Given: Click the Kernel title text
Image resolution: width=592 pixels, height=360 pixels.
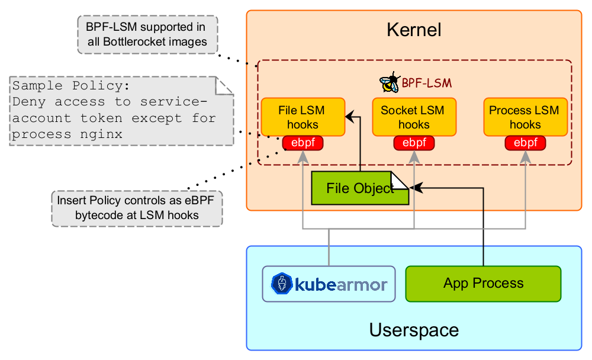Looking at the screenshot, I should click(414, 30).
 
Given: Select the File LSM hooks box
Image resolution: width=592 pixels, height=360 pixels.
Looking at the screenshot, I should click(303, 117).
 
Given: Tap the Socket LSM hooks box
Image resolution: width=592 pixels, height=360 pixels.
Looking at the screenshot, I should click(413, 117).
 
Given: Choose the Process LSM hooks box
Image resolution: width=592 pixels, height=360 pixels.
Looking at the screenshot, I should click(525, 117).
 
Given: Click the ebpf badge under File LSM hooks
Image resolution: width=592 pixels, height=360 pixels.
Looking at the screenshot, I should click(303, 143).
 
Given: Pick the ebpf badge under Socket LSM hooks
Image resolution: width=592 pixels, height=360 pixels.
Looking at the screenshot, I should click(413, 143).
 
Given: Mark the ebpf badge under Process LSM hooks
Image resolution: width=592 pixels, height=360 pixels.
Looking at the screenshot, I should click(525, 143).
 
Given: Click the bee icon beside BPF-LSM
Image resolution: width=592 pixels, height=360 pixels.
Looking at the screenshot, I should click(390, 82).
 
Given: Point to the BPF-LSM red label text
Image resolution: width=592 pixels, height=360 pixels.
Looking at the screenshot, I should click(423, 83).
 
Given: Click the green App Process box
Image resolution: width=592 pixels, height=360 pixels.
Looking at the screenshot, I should click(483, 283).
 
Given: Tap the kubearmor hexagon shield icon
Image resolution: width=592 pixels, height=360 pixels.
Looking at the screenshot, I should click(282, 284).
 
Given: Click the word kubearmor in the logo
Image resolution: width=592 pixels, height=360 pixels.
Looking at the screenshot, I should click(341, 285).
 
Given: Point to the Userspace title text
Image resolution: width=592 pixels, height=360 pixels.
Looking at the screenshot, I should click(414, 330).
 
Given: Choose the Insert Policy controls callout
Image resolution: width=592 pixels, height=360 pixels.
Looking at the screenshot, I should click(137, 208).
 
